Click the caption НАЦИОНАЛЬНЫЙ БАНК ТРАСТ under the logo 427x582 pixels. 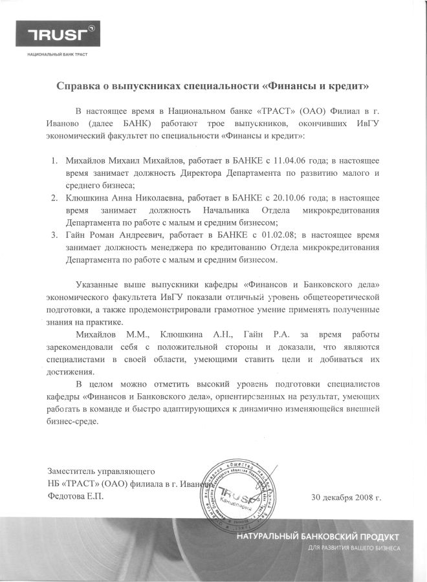pyautogui.click(x=58, y=55)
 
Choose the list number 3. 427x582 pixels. pyautogui.click(x=55, y=233)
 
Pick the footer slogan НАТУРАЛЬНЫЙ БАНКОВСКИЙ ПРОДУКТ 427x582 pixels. pyautogui.click(x=318, y=537)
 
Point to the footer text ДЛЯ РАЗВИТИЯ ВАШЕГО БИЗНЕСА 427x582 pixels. pyautogui.click(x=353, y=548)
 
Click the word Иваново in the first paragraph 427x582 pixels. pyautogui.click(x=65, y=122)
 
